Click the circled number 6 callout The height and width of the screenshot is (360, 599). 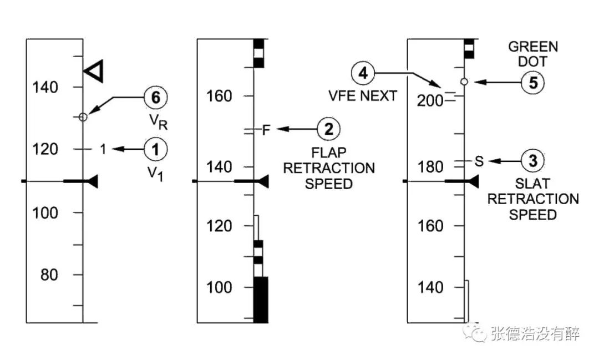pyautogui.click(x=155, y=97)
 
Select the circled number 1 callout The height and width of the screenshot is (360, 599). pyautogui.click(x=155, y=149)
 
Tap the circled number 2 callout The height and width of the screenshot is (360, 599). pyautogui.click(x=328, y=129)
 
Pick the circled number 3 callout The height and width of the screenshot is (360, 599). pyautogui.click(x=532, y=160)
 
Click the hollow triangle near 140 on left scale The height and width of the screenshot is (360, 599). pyautogui.click(x=94, y=71)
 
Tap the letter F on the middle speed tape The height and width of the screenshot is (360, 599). pyautogui.click(x=266, y=130)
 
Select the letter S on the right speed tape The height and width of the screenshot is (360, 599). pyautogui.click(x=479, y=161)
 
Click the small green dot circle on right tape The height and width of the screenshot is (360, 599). pyautogui.click(x=464, y=82)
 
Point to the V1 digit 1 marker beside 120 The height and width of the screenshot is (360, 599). pyautogui.click(x=103, y=149)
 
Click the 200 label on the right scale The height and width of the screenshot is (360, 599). pyautogui.click(x=430, y=101)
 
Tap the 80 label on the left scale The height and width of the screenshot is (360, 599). pyautogui.click(x=49, y=275)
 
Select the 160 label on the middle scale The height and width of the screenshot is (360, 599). pyautogui.click(x=219, y=96)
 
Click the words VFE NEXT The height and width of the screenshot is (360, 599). pyautogui.click(x=363, y=95)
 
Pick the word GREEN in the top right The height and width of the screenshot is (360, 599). pyautogui.click(x=533, y=47)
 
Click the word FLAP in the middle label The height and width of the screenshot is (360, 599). pyautogui.click(x=329, y=153)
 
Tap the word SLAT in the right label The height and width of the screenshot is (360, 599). pyautogui.click(x=532, y=184)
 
